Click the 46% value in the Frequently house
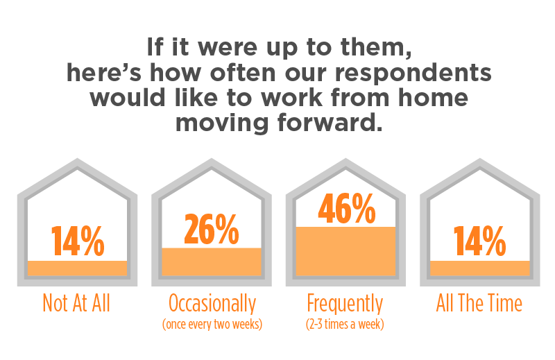(347, 209)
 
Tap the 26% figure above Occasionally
(212, 230)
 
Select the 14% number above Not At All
(78, 241)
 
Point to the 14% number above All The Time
(479, 241)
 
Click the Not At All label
(76, 303)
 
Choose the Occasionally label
(212, 304)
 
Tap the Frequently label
(345, 304)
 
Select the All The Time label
(479, 303)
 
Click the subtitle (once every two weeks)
(212, 324)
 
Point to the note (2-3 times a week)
(345, 324)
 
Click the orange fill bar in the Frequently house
(345, 251)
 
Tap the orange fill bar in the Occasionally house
(212, 262)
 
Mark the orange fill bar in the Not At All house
(77, 268)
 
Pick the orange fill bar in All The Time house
(480, 268)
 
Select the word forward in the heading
(330, 123)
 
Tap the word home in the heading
(433, 97)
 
